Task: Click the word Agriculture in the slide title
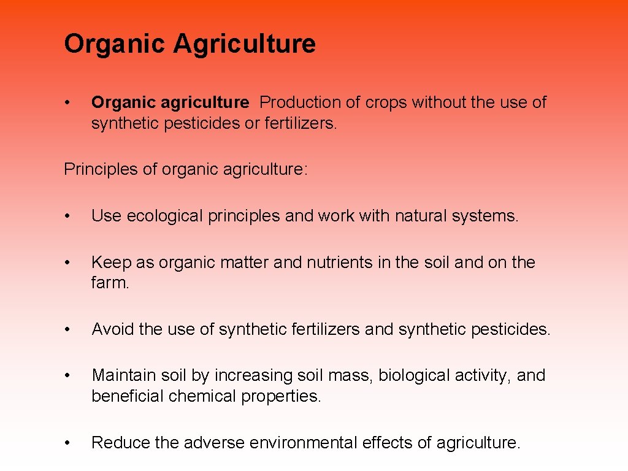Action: [244, 44]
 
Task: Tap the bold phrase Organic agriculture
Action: [170, 102]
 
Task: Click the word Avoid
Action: [113, 329]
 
